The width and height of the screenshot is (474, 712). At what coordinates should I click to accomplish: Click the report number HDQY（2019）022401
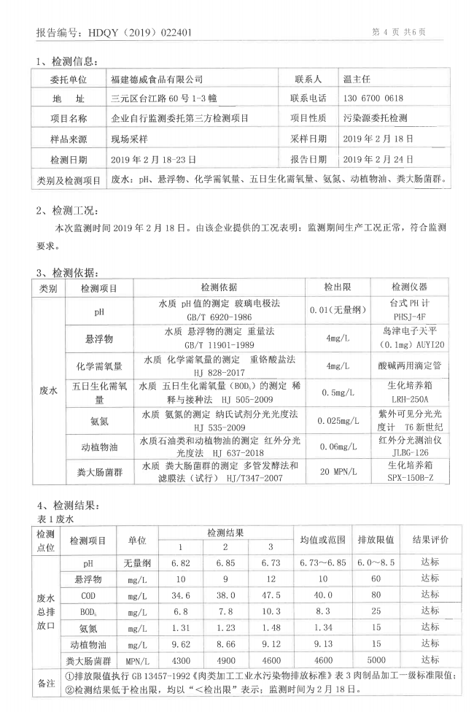pyautogui.click(x=139, y=32)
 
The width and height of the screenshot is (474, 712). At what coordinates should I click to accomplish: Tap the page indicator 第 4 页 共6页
pyautogui.click(x=399, y=32)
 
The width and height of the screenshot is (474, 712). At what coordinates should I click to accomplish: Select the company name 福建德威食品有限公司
pyautogui.click(x=156, y=79)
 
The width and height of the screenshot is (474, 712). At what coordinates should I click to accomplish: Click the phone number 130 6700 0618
pyautogui.click(x=373, y=98)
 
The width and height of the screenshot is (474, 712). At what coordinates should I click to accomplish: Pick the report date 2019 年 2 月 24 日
pyautogui.click(x=378, y=158)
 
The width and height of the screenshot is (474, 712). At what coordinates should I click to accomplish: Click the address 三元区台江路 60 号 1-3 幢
pyautogui.click(x=163, y=98)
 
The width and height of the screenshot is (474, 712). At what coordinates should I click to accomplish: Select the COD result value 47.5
pyautogui.click(x=271, y=596)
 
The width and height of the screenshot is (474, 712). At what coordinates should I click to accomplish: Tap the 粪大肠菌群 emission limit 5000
pyautogui.click(x=376, y=661)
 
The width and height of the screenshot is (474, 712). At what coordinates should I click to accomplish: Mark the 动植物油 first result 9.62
pyautogui.click(x=181, y=645)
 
